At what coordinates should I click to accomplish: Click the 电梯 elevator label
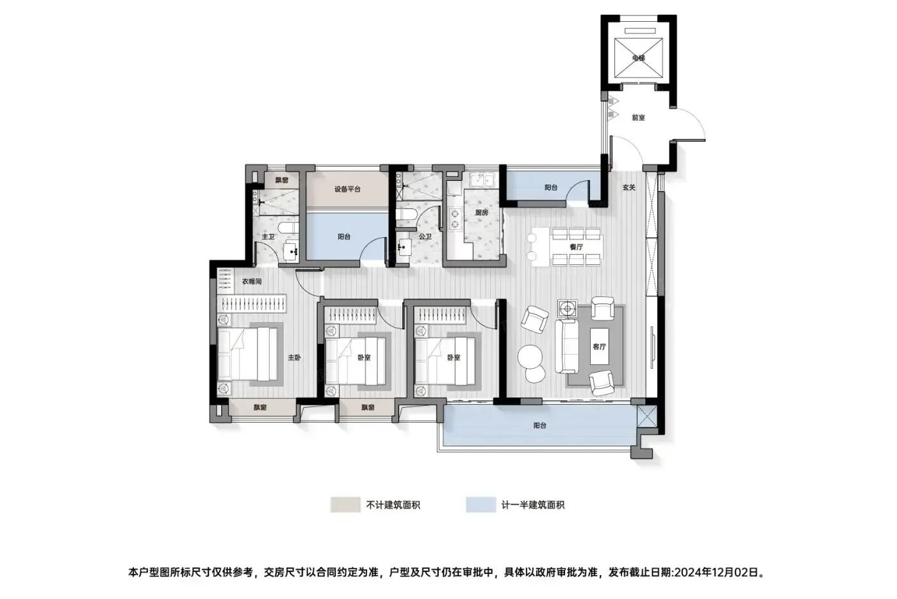point(638,58)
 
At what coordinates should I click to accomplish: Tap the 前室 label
point(638,117)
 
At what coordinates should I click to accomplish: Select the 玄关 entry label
point(629,187)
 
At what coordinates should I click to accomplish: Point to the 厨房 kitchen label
point(482,212)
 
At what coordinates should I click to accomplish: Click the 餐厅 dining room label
point(576,247)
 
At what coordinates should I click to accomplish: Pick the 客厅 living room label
point(600,347)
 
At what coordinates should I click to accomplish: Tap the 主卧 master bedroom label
point(294,357)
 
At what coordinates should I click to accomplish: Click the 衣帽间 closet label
point(252,282)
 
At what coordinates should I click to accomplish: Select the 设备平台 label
point(347,189)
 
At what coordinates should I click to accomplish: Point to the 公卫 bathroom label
point(425,237)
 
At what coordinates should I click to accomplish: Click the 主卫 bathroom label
point(268,237)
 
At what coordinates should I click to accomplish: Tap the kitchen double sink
point(482,180)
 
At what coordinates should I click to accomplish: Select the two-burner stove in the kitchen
point(454,219)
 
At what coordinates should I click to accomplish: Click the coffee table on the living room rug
point(600,346)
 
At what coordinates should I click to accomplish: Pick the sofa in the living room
point(566,346)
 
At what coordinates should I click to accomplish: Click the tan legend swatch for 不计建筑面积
point(345,505)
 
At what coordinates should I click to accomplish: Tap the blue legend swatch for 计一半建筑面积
point(481,505)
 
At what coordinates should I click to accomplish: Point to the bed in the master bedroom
point(247,353)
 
